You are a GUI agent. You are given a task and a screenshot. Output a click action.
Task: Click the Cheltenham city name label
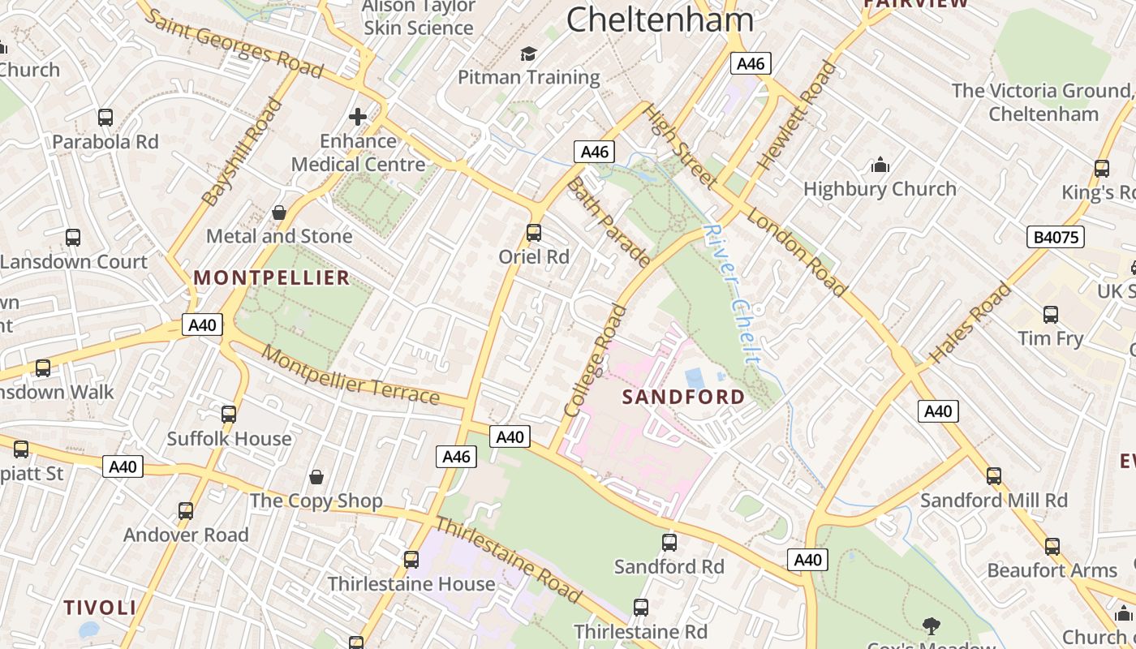point(660,19)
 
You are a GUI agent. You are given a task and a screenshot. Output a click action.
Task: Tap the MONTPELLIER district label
point(272,278)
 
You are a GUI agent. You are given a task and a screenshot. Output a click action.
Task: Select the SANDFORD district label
point(683,397)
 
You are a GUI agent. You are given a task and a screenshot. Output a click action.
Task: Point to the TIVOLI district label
point(100,608)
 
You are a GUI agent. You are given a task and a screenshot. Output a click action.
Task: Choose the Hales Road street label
point(970,323)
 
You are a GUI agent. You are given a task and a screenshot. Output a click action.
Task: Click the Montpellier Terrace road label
point(351,376)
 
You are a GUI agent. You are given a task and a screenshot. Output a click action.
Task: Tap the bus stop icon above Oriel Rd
point(534,233)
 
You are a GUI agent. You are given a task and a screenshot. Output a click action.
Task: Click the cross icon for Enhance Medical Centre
point(357,117)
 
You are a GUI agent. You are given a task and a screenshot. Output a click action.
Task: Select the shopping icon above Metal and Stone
point(279,213)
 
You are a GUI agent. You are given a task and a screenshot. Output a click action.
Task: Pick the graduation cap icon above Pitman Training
point(529,54)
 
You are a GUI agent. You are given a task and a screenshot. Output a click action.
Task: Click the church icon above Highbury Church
point(880,165)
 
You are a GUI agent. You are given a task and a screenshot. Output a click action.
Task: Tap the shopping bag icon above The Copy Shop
point(316,477)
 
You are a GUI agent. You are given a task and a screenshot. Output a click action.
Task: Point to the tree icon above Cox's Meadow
point(932,625)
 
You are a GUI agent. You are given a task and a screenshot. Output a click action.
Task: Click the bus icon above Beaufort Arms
point(1052,547)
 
